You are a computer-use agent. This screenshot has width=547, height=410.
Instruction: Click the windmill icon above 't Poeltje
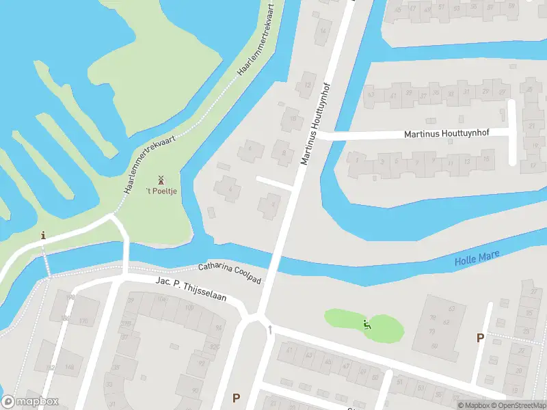161,180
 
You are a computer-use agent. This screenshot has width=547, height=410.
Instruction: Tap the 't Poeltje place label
161,191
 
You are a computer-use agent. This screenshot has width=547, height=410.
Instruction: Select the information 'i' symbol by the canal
44,236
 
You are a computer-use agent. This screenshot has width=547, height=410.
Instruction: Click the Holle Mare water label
477,258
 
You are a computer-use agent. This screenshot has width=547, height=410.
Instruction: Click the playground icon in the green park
368,325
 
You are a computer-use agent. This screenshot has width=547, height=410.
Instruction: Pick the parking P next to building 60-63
480,338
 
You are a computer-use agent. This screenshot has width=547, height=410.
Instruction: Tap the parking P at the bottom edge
237,398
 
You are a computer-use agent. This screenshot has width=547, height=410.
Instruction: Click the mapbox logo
31,402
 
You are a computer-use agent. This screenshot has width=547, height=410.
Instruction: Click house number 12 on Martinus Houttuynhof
308,85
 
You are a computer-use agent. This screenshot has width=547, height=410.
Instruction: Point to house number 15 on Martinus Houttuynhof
485,160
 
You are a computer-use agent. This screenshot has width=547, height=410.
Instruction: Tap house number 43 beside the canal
371,95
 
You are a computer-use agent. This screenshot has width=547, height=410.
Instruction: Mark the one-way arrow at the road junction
271,330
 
